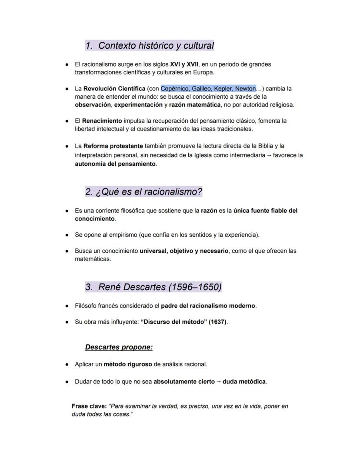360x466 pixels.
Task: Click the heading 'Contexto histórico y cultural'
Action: [x=156, y=46]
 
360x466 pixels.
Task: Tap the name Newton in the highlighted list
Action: [x=245, y=89]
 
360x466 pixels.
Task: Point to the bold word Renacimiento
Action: [x=102, y=121]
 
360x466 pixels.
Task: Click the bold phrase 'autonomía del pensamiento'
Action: [x=115, y=164]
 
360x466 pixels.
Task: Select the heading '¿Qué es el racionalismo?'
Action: [x=149, y=192]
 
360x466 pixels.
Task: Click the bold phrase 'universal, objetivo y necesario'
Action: [x=184, y=251]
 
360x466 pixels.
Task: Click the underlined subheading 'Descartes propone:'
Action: [x=119, y=347]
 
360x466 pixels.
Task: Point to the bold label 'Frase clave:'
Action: [x=89, y=406]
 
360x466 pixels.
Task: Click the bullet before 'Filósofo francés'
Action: [x=67, y=306]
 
